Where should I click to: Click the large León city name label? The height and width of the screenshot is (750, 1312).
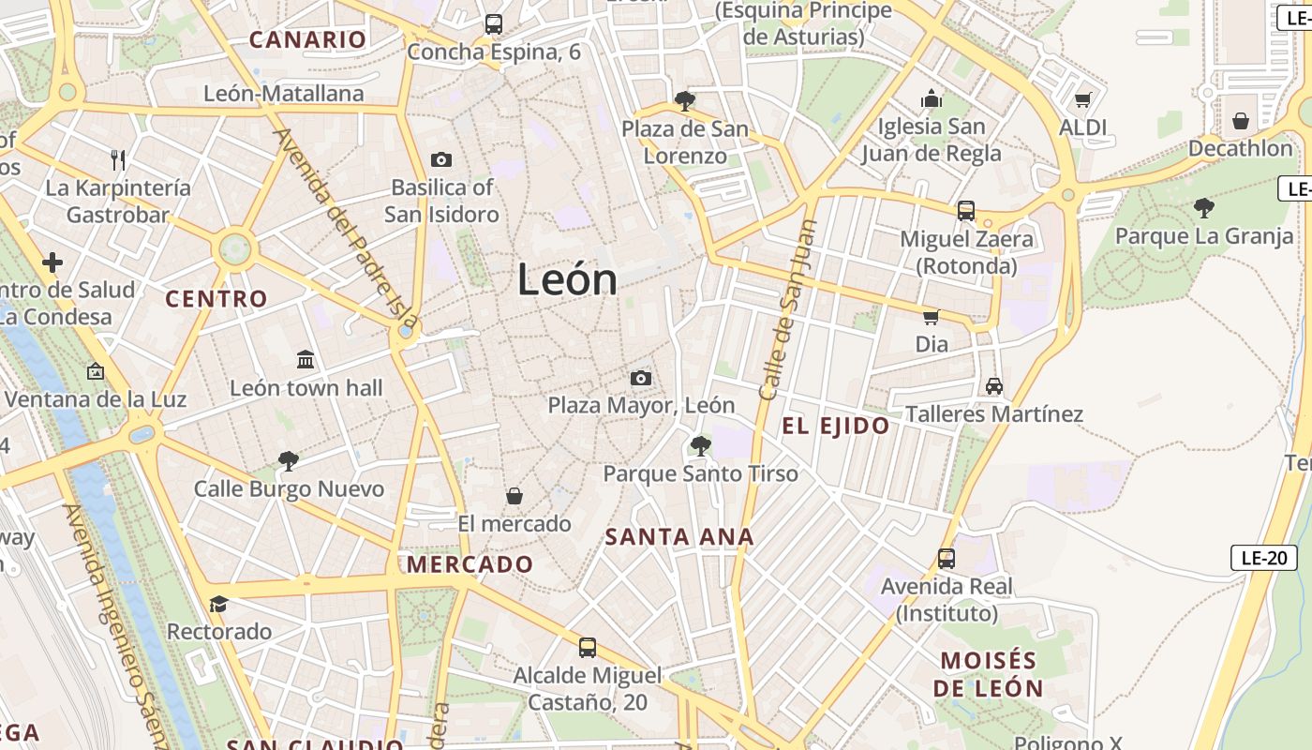[x=568, y=280]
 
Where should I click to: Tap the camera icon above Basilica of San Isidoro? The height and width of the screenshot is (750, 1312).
[x=440, y=160]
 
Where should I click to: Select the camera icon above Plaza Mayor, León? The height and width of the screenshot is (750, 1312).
[x=641, y=378]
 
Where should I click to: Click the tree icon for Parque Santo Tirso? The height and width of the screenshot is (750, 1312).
[x=700, y=445]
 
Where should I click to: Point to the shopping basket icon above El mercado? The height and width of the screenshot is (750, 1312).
[x=514, y=495]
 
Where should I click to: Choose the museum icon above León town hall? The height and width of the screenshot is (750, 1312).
[x=306, y=360]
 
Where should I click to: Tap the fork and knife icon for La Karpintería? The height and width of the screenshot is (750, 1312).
[x=118, y=159]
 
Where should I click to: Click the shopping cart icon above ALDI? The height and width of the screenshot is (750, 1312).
[x=1083, y=99]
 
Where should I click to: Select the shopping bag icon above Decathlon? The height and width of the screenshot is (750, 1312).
[x=1241, y=121]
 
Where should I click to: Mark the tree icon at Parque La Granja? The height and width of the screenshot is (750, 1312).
[x=1204, y=208]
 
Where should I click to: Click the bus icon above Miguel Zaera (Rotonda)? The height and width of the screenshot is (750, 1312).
[x=966, y=211]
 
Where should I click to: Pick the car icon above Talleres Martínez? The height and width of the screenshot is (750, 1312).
[x=994, y=385]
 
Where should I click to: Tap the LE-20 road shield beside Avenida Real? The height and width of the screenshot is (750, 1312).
[x=1263, y=558]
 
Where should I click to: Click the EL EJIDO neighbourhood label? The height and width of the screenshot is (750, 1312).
[x=836, y=427]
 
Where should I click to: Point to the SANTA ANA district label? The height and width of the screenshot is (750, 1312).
[x=679, y=537]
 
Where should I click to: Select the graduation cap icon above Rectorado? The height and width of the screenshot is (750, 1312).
[x=219, y=604]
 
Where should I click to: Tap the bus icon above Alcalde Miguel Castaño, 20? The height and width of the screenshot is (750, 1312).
[x=588, y=647]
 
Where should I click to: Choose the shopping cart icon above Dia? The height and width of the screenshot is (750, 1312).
[x=932, y=317]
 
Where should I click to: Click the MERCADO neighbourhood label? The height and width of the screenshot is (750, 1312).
[x=470, y=564]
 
